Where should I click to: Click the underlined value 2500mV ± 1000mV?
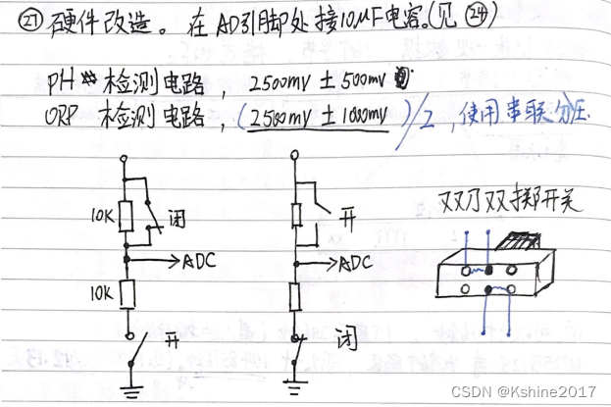[x=325, y=115]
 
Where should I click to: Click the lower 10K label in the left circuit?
[x=101, y=292]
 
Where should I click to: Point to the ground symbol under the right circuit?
[x=295, y=389]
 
